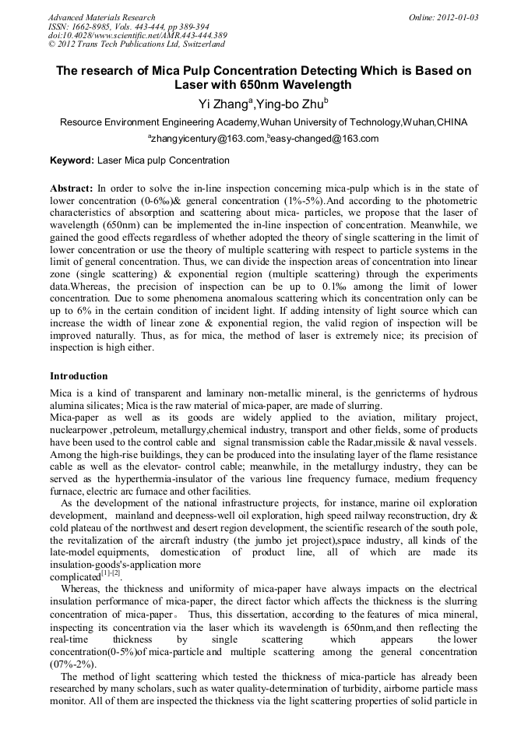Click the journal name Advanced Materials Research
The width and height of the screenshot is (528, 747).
[101, 17]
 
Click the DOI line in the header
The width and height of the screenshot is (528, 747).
[137, 36]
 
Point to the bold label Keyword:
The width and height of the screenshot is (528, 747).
[72, 160]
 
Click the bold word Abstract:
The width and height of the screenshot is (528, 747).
[72, 189]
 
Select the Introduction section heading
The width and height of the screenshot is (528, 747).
[79, 376]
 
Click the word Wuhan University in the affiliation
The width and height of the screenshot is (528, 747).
[303, 122]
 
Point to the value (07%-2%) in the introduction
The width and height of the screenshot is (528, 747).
[73, 664]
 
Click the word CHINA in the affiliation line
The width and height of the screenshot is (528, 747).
[452, 122]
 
